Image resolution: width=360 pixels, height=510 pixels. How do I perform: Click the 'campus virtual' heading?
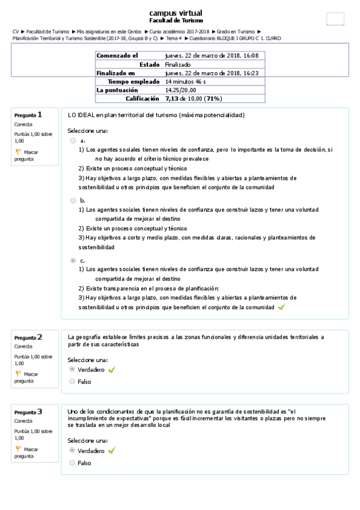(175, 13)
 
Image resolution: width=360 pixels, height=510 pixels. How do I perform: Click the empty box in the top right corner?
(335, 19)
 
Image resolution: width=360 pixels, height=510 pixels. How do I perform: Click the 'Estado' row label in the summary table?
(149, 64)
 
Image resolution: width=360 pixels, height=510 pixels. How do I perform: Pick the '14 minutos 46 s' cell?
(186, 81)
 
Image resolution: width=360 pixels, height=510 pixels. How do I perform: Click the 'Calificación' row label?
(142, 98)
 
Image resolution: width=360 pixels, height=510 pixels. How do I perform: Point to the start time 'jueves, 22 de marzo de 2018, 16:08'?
(212, 55)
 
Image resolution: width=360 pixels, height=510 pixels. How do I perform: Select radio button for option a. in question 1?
(73, 140)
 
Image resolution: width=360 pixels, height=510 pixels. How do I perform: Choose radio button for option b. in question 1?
(73, 200)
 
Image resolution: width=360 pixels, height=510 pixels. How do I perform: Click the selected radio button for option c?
(73, 260)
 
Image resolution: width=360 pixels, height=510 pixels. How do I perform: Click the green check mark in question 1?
(281, 307)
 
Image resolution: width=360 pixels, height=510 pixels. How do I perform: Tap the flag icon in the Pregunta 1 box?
(18, 152)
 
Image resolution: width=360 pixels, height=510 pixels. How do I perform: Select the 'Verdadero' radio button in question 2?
(73, 369)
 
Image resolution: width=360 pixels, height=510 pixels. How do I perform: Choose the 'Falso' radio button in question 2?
(73, 381)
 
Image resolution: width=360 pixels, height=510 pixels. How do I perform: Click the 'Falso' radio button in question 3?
(73, 462)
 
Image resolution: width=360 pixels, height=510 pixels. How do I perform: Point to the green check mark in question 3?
(111, 450)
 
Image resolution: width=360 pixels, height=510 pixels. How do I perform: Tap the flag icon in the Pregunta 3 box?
(18, 449)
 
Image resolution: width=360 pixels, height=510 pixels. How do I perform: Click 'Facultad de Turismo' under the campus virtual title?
(175, 20)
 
